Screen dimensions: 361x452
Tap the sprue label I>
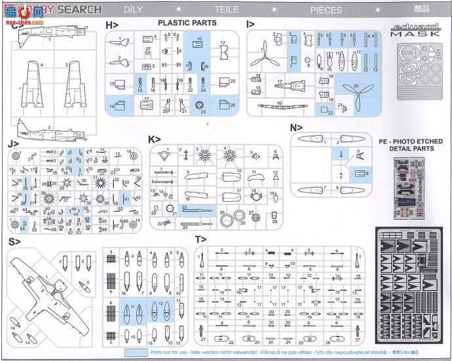pyautogui.click(x=251, y=24)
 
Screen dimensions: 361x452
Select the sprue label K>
pyautogui.click(x=155, y=140)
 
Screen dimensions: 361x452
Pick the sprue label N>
pyautogui.click(x=297, y=127)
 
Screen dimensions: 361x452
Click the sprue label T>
pyautogui.click(x=200, y=240)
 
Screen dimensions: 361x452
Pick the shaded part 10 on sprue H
pyautogui.click(x=197, y=47)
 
